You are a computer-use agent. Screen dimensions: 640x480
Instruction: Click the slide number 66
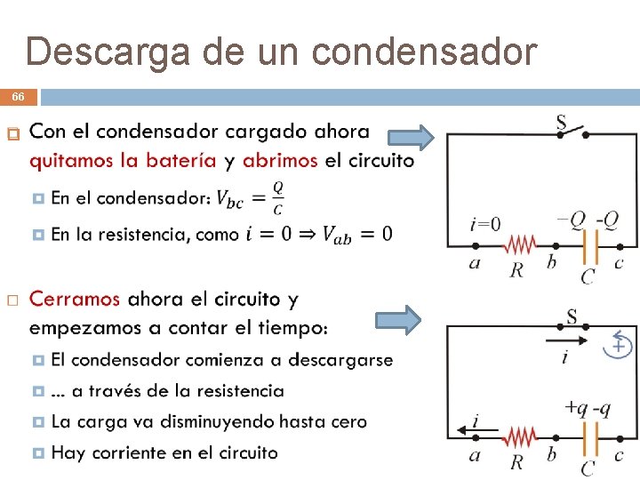(18, 97)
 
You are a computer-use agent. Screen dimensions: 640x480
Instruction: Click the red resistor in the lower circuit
(519, 436)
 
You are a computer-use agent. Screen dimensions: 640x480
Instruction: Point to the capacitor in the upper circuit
(587, 245)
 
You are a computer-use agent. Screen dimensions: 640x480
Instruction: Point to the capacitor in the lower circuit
(587, 436)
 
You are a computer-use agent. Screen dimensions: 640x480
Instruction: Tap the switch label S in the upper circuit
(562, 124)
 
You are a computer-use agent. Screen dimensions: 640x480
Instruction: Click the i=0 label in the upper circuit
(485, 223)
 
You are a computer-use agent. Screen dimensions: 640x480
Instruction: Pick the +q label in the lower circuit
(575, 407)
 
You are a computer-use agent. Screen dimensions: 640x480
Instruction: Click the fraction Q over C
(278, 198)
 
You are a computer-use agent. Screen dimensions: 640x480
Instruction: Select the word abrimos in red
(280, 161)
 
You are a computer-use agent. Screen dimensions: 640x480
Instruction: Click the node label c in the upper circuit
(619, 263)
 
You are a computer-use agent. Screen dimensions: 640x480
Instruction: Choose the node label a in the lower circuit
(475, 455)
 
